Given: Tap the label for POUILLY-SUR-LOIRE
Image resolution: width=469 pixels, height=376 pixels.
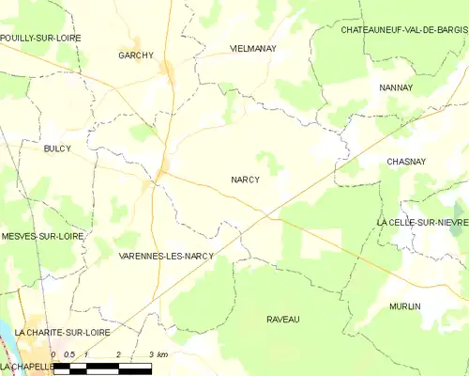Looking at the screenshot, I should (40, 38).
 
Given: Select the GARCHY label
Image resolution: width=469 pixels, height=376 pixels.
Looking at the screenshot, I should (136, 55).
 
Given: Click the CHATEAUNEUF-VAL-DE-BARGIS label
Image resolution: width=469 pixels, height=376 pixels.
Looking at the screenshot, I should (403, 30).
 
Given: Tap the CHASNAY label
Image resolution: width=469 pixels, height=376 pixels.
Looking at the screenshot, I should (406, 162).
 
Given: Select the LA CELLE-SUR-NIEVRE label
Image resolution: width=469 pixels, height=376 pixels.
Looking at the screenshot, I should (422, 222).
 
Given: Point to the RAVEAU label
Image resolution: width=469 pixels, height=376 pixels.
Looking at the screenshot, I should (281, 320).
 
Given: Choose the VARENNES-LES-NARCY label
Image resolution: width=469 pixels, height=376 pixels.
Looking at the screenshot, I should (166, 256).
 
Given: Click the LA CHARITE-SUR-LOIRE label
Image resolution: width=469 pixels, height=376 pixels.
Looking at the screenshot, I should (55, 333).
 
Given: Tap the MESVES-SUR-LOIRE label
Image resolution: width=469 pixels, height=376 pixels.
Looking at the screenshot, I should (43, 237).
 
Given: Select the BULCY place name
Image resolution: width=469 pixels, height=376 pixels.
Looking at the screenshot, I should (57, 149).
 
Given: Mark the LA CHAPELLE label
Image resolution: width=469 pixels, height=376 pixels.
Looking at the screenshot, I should (27, 366).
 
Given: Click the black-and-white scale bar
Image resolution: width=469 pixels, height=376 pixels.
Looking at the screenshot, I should (102, 367).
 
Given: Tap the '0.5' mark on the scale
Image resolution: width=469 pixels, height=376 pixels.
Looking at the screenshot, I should (70, 354).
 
